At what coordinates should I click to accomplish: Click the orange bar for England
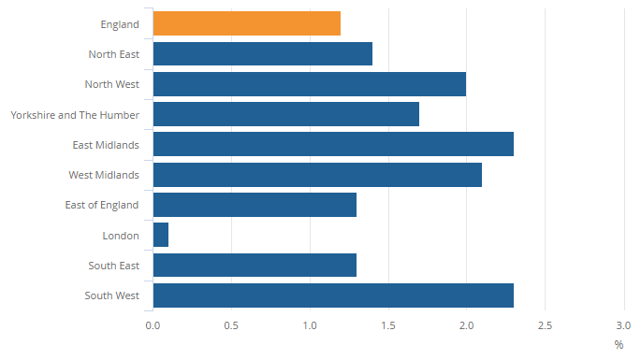click(246, 23)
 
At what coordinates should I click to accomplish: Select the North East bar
click(262, 53)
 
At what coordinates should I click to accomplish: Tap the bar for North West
click(309, 84)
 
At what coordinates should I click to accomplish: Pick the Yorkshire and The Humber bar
click(285, 114)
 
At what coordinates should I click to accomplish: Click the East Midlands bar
click(333, 144)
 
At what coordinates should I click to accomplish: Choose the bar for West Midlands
click(317, 175)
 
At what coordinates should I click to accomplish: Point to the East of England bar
click(255, 205)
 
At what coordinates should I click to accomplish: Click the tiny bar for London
click(161, 235)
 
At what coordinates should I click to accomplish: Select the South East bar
click(255, 266)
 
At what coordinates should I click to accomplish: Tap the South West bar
click(333, 295)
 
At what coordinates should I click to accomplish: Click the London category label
click(121, 236)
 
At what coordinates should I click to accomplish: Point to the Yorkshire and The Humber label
click(75, 115)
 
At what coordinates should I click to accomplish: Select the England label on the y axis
click(119, 24)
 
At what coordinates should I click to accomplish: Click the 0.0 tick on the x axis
click(153, 325)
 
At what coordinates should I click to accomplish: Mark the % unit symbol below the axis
click(619, 344)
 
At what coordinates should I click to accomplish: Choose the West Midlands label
click(104, 176)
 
